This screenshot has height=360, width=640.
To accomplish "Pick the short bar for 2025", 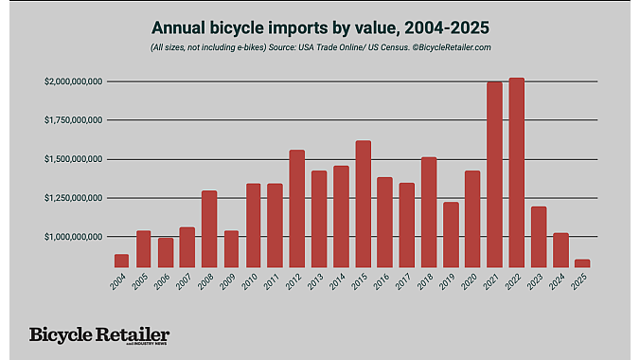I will [x=582, y=262].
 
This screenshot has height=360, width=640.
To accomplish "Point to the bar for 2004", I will [x=122, y=261].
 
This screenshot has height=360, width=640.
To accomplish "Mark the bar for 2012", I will [x=297, y=208].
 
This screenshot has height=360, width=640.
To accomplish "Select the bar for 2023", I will [x=539, y=237].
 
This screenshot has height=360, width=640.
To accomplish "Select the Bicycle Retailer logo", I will [x=99, y=335].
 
